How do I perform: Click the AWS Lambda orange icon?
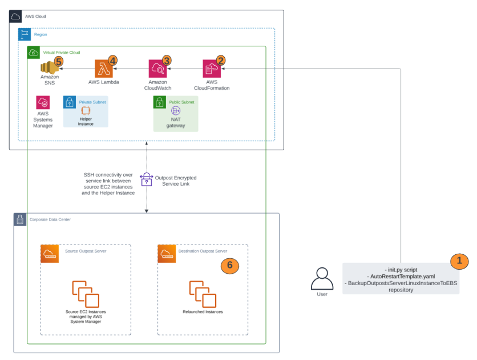103,69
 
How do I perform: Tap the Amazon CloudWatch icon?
157,69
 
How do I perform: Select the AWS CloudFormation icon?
211,69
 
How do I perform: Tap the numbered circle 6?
229,266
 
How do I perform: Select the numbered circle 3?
167,59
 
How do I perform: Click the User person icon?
322,279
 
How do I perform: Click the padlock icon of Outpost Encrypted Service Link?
147,179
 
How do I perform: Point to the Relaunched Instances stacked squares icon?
203,294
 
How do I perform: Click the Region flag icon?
25,34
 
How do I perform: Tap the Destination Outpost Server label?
202,251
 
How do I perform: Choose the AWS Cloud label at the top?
35,16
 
